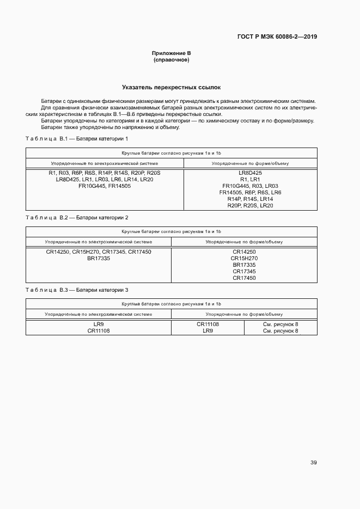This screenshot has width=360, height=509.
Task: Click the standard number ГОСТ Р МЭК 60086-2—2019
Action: click(278, 37)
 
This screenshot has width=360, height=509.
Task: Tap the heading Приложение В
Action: click(172, 53)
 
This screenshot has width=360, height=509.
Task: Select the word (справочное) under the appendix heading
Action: click(172, 59)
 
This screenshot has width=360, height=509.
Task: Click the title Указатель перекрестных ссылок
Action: click(172, 87)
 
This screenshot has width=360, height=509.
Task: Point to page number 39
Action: click(314, 463)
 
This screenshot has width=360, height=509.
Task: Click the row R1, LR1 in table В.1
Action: click(251, 179)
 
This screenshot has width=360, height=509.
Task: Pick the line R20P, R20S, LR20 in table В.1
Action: click(251, 205)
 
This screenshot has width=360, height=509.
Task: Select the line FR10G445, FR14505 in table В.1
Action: click(105, 186)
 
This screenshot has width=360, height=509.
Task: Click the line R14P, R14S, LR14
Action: click(251, 199)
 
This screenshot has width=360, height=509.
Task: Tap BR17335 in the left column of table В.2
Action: click(99, 258)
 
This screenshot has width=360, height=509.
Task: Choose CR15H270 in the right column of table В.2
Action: click(244, 258)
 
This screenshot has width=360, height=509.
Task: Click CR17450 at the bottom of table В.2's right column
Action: click(244, 278)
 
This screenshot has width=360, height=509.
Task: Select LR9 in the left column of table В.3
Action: click(99, 324)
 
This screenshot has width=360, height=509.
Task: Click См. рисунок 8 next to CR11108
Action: click(280, 324)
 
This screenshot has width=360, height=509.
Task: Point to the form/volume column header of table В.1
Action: click(251, 163)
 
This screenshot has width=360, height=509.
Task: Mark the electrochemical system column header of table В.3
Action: click(99, 314)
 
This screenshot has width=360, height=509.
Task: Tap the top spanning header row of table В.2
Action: click(172, 231)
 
